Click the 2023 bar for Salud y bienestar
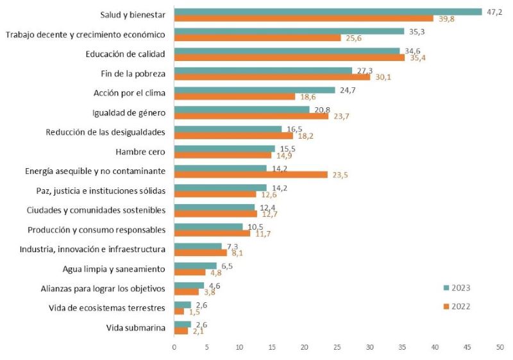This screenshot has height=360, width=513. pos(328,12)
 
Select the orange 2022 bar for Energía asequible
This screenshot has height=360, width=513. pos(251,175)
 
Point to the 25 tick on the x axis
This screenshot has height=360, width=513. pos(337,347)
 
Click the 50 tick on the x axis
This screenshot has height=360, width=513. pos(500,347)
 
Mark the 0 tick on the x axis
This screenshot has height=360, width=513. pos(174,347)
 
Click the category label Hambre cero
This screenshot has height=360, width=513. pos(140,152)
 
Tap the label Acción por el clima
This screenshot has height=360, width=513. pos(130,93)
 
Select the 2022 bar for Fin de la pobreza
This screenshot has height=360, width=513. pos(272,77)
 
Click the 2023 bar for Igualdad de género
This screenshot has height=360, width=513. pos(242,110)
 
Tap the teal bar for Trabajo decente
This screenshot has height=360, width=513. pos(289,31)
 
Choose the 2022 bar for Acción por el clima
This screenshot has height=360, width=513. pos(235,96)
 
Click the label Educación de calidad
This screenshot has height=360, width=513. pos(126,54)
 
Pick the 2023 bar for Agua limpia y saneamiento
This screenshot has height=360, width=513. pos(196,266)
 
